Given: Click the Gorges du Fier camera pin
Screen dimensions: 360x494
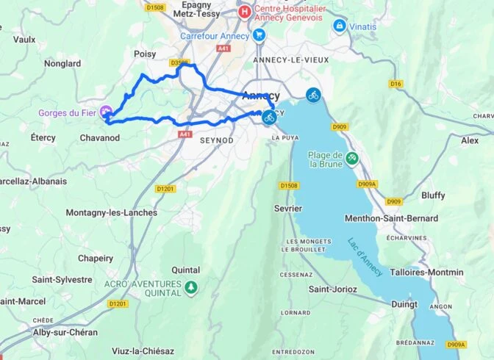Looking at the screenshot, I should click(x=106, y=112).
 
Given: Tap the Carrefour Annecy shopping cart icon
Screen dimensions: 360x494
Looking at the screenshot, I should click(x=258, y=35).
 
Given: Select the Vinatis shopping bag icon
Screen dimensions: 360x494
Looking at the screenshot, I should click(x=339, y=26).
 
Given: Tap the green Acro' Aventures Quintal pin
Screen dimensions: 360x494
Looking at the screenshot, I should click(x=191, y=286).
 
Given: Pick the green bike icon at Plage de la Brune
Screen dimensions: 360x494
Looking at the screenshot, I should click(x=352, y=158).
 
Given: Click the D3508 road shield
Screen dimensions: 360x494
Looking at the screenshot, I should click(x=179, y=63).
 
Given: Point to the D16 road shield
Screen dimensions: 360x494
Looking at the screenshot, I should click(x=397, y=84).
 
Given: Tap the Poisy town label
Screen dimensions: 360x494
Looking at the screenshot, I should click(x=146, y=54).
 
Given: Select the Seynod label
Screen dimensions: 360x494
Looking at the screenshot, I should click(x=216, y=140).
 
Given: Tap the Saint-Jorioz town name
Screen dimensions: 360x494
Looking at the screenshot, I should click(x=332, y=289).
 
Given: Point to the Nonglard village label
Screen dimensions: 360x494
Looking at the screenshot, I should click(x=62, y=64).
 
